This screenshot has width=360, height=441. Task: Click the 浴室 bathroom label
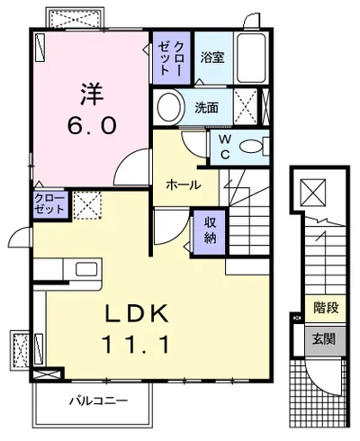[212, 57]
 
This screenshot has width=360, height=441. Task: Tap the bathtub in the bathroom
[251, 58]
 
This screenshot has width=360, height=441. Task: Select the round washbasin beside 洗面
[169, 107]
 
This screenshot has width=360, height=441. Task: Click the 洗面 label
[206, 108]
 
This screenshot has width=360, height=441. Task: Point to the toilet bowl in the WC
[251, 147]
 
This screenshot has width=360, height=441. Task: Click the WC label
[225, 147]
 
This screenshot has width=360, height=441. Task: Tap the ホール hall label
[184, 184]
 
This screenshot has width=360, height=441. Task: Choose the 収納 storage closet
[210, 232]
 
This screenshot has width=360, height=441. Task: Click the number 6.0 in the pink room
[91, 125]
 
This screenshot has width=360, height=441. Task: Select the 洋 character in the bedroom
[92, 94]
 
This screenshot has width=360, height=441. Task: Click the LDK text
[137, 313]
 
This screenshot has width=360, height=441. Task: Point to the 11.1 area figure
[136, 344]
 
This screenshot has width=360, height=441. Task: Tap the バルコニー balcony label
[99, 400]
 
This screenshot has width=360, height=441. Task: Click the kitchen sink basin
[86, 269]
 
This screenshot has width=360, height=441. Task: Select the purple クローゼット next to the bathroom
[171, 58]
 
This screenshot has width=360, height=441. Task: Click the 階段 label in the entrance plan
[326, 308]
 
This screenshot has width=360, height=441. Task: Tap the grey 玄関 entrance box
[325, 339]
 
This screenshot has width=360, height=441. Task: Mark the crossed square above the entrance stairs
[313, 193]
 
